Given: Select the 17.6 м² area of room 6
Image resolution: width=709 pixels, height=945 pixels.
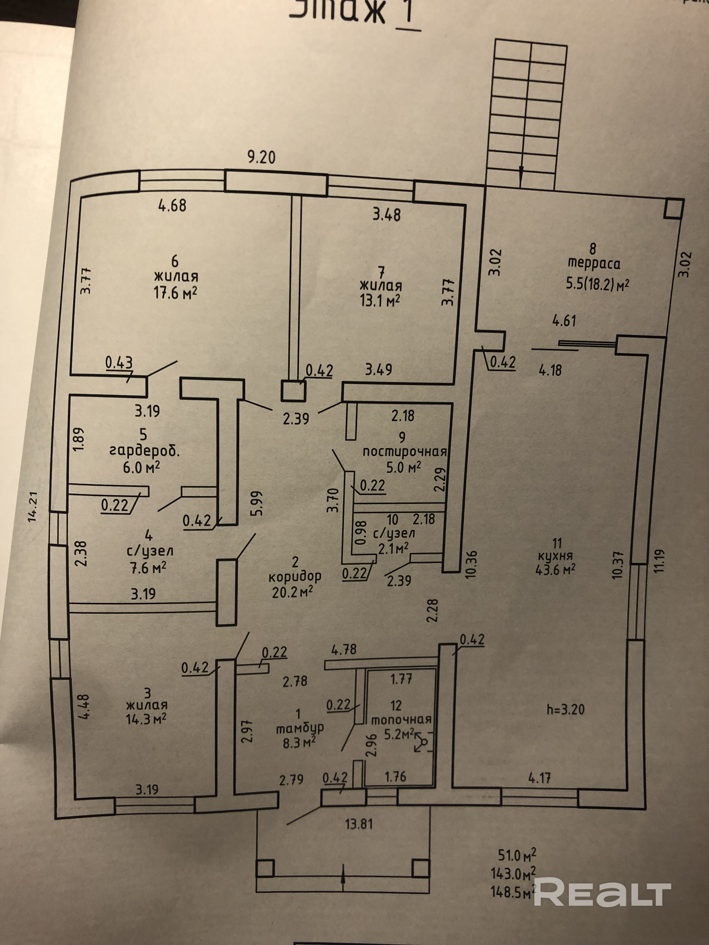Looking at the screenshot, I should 175,293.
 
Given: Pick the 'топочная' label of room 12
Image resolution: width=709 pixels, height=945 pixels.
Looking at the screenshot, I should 401,720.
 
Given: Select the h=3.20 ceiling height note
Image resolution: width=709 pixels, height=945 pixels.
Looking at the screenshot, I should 566,710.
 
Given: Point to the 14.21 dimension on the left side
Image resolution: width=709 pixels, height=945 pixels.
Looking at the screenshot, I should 33,507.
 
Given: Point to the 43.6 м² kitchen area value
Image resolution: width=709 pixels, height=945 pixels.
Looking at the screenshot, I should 555,570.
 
